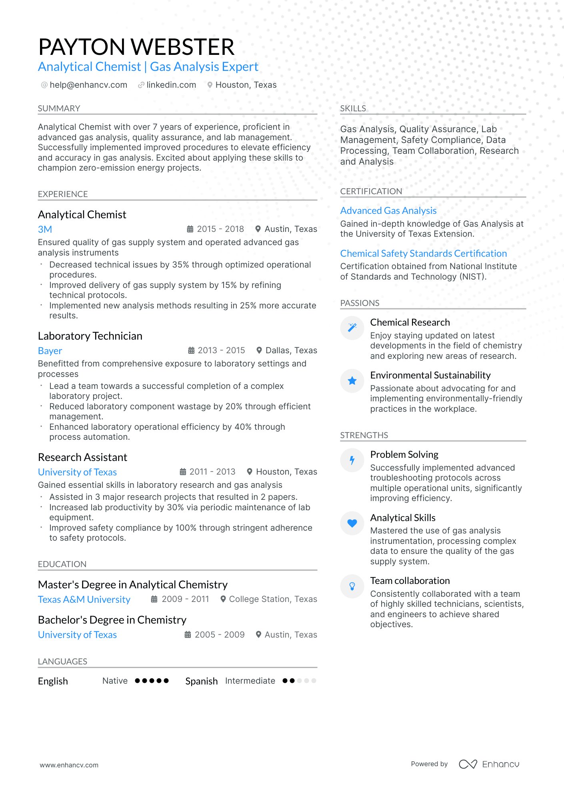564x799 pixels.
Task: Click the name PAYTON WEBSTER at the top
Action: pyautogui.click(x=136, y=47)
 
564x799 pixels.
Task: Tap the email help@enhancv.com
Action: pyautogui.click(x=88, y=85)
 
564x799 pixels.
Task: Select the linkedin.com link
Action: pyautogui.click(x=171, y=85)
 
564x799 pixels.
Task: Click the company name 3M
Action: pyautogui.click(x=45, y=229)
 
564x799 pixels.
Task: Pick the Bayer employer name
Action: pyautogui.click(x=50, y=351)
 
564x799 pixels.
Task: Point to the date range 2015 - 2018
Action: pyautogui.click(x=220, y=229)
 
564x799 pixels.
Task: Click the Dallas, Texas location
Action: pyautogui.click(x=291, y=350)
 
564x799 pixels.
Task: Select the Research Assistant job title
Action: pyautogui.click(x=82, y=457)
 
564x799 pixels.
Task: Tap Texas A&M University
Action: pyautogui.click(x=84, y=600)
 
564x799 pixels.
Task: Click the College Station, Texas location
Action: pyautogui.click(x=273, y=599)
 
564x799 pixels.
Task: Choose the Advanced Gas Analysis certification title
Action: pyautogui.click(x=388, y=211)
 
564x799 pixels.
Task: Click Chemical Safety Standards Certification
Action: pyautogui.click(x=423, y=254)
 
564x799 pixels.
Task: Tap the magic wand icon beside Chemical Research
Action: pyautogui.click(x=352, y=328)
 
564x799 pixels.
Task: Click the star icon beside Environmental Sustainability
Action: pyautogui.click(x=352, y=380)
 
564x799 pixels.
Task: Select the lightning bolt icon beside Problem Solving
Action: pyautogui.click(x=352, y=460)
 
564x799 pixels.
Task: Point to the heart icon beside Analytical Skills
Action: pyautogui.click(x=352, y=523)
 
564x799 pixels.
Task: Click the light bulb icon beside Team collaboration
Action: pyautogui.click(x=352, y=586)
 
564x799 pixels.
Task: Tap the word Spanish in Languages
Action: pyautogui.click(x=201, y=681)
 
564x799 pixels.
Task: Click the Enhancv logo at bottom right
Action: pyautogui.click(x=489, y=764)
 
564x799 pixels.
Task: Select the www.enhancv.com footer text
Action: pyautogui.click(x=69, y=765)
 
